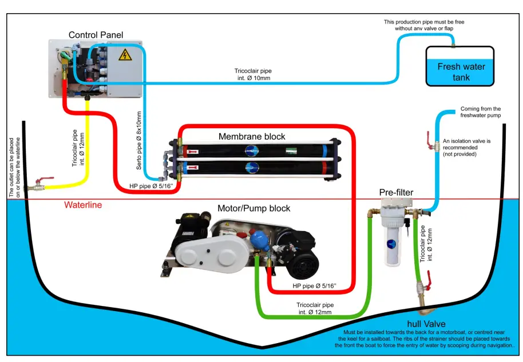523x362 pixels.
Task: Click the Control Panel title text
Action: [x=96, y=35]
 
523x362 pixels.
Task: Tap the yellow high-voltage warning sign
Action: [x=124, y=55]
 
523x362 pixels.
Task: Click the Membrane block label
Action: [x=251, y=137]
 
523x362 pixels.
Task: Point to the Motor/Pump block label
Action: [x=253, y=208]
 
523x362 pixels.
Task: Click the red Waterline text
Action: [x=83, y=205]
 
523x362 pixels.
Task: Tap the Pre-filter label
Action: [x=396, y=193]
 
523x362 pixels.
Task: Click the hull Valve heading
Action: [x=426, y=324]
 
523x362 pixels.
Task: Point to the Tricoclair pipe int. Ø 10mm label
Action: [x=252, y=74]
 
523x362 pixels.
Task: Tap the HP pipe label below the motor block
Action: [x=314, y=285]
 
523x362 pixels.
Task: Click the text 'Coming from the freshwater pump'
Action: [x=480, y=112]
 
